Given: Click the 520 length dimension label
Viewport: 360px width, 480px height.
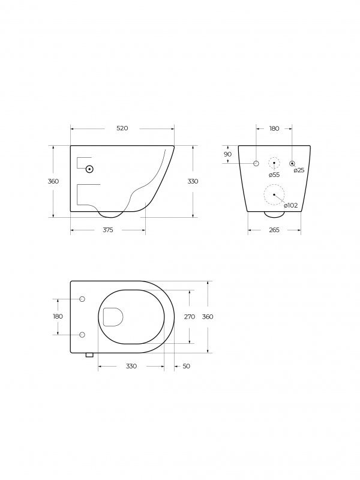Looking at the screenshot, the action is coord(122,128).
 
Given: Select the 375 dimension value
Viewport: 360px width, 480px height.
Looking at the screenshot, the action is coord(108,230).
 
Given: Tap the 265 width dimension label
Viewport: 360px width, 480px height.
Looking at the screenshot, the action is coord(274,230).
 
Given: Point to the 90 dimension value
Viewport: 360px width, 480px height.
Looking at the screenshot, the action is coord(228,154).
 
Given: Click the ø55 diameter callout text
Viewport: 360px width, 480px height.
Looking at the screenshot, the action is coord(274,175).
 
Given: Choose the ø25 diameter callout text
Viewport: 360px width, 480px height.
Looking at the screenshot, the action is coord(299,170).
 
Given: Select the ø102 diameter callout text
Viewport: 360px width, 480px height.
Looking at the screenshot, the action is coord(291,205).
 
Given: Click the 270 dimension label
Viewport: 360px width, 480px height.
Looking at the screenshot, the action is coord(190,317).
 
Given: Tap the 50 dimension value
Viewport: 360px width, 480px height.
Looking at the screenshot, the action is coord(186,366).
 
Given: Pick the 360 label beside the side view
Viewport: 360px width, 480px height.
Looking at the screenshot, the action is coord(53,181).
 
